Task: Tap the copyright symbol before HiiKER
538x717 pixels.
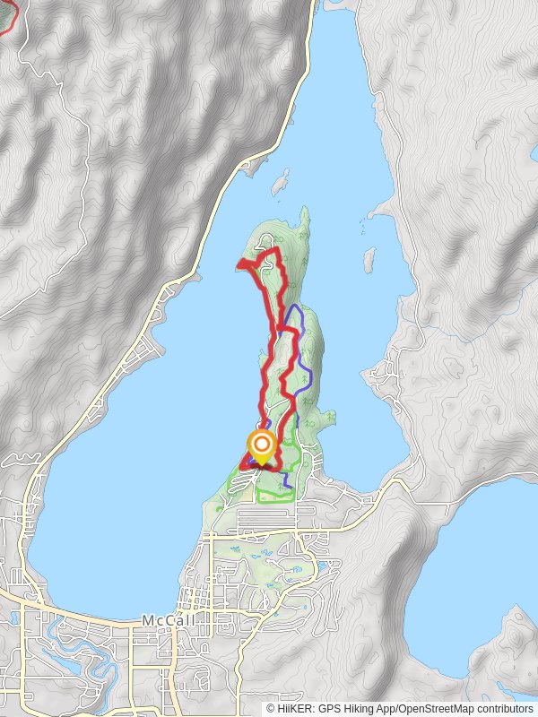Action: coord(271,709)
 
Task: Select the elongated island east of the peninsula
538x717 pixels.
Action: coord(369,260)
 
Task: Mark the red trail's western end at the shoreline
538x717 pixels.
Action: coord(239,263)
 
